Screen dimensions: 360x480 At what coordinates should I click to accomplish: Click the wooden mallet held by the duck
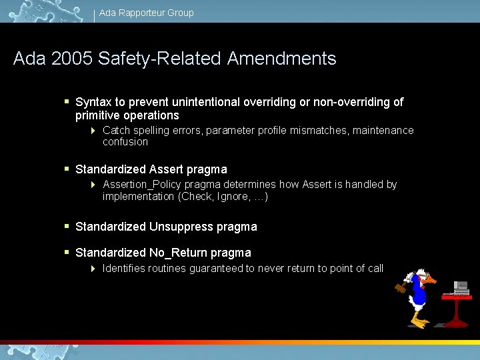pos(400,289)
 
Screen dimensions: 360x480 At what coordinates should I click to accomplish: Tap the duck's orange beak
pos(430,281)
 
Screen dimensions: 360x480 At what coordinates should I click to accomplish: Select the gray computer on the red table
pos(460,288)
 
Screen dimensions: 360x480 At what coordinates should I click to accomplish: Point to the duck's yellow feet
pos(420,323)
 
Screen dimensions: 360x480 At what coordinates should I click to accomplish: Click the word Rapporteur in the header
pos(140,13)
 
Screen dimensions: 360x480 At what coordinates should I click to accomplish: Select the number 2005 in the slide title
pos(70,59)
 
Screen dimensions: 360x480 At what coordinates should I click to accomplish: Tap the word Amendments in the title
pos(281,59)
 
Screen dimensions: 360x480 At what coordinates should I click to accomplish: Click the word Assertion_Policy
pos(142,185)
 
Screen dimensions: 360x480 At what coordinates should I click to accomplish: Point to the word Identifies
pos(124,268)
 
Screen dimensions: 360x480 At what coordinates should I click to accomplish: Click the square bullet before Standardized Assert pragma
pos(67,169)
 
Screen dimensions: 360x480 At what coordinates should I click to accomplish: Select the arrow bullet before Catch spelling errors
pos(93,131)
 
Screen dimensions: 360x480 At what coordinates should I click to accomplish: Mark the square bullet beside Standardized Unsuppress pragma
pos(67,226)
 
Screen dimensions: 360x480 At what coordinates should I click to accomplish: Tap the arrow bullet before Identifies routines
pos(93,269)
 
